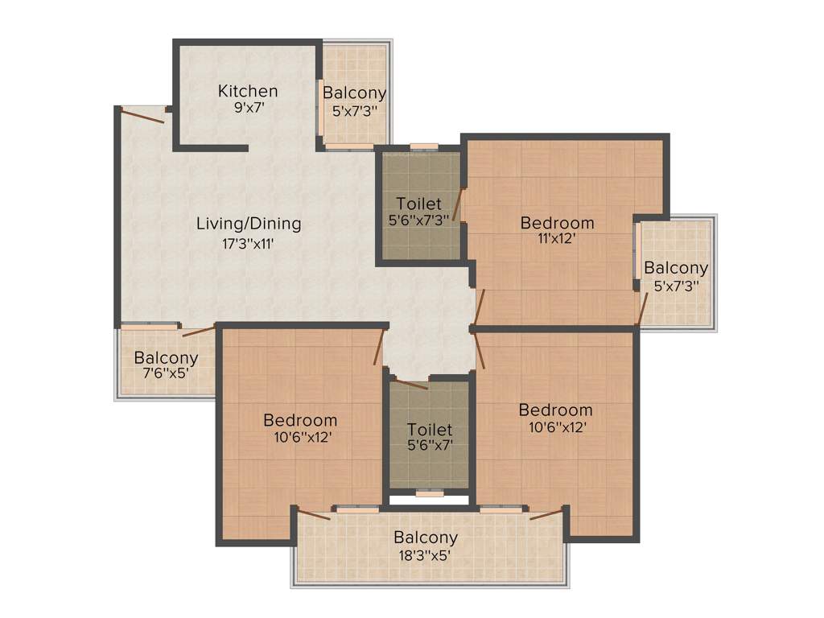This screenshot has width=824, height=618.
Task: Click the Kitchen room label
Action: click(248, 91)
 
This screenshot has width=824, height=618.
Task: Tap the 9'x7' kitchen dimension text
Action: click(248, 107)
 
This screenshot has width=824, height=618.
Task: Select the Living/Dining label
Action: click(249, 224)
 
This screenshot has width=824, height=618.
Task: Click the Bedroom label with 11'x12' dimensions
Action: click(557, 223)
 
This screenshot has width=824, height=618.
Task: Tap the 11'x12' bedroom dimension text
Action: click(557, 238)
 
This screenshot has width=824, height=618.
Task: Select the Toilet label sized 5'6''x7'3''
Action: click(418, 203)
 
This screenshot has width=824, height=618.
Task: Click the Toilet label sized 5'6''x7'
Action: click(429, 430)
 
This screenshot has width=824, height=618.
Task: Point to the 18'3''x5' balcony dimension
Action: click(426, 554)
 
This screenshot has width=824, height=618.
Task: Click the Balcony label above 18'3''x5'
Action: click(426, 538)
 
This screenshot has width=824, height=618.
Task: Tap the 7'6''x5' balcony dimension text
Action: click(166, 374)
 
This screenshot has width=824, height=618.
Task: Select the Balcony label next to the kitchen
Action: click(354, 93)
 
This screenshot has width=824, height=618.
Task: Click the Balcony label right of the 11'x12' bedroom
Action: click(676, 268)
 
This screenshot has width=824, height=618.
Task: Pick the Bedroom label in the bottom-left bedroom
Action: click(300, 420)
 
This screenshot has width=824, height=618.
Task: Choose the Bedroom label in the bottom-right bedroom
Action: click(555, 410)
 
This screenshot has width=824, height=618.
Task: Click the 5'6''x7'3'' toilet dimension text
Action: click(418, 219)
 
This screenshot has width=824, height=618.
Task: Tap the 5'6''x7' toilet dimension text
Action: click(429, 446)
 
